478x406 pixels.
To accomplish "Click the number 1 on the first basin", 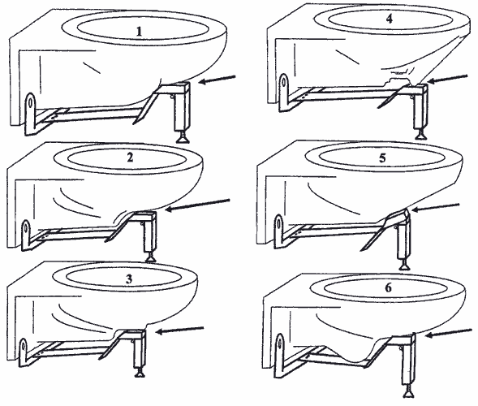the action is click(139, 32).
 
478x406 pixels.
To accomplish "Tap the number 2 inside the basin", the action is click(130, 158).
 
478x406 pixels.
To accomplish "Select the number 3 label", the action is click(129, 279).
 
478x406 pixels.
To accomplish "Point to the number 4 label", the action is click(390, 19).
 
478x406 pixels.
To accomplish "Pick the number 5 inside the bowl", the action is click(382, 158).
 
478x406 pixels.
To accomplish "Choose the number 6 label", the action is click(388, 287).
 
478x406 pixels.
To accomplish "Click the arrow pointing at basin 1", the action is click(217, 79).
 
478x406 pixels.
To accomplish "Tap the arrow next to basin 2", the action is click(197, 205).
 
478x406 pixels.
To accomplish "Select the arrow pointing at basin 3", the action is click(179, 330).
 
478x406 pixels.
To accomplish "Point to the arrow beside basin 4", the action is click(447, 79).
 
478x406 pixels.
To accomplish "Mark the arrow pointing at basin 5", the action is click(436, 207).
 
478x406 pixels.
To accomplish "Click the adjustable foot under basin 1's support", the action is click(183, 136).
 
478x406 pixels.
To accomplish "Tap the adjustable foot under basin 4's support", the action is click(420, 134).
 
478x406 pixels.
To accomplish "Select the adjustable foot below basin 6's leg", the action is click(408, 391).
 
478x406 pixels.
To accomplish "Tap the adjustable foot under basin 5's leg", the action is click(404, 264).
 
